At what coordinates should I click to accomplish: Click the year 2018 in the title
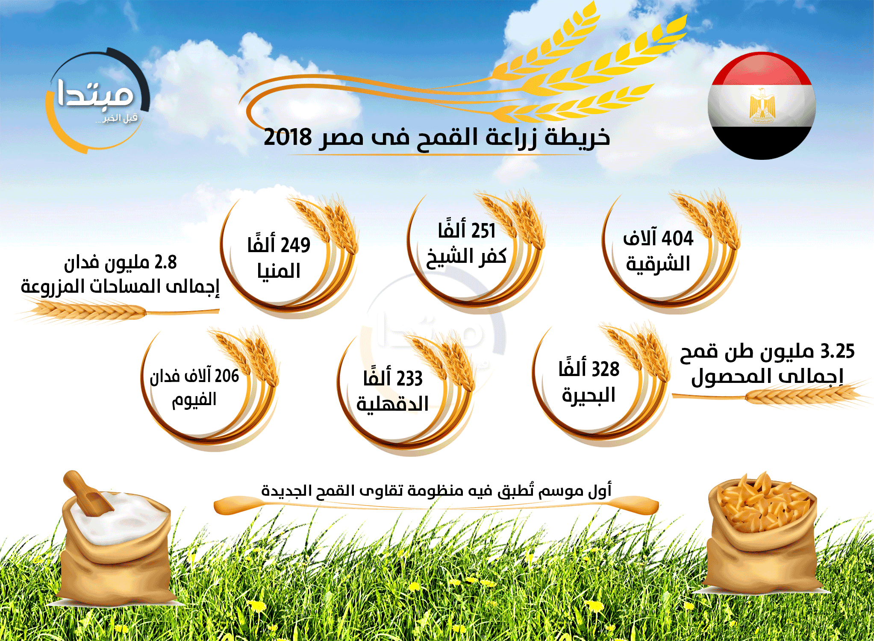tap(288, 137)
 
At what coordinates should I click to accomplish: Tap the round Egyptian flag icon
tap(762, 106)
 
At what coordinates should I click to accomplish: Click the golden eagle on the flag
tap(762, 105)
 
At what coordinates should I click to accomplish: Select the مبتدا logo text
tap(95, 94)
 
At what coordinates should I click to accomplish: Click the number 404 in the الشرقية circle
tap(677, 238)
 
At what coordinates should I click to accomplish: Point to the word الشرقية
tap(658, 264)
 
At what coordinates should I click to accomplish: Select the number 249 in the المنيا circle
tap(295, 245)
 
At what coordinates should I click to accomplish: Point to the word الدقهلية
tap(392, 404)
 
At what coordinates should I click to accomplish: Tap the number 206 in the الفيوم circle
tap(227, 376)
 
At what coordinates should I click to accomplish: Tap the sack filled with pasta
tap(763, 534)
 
